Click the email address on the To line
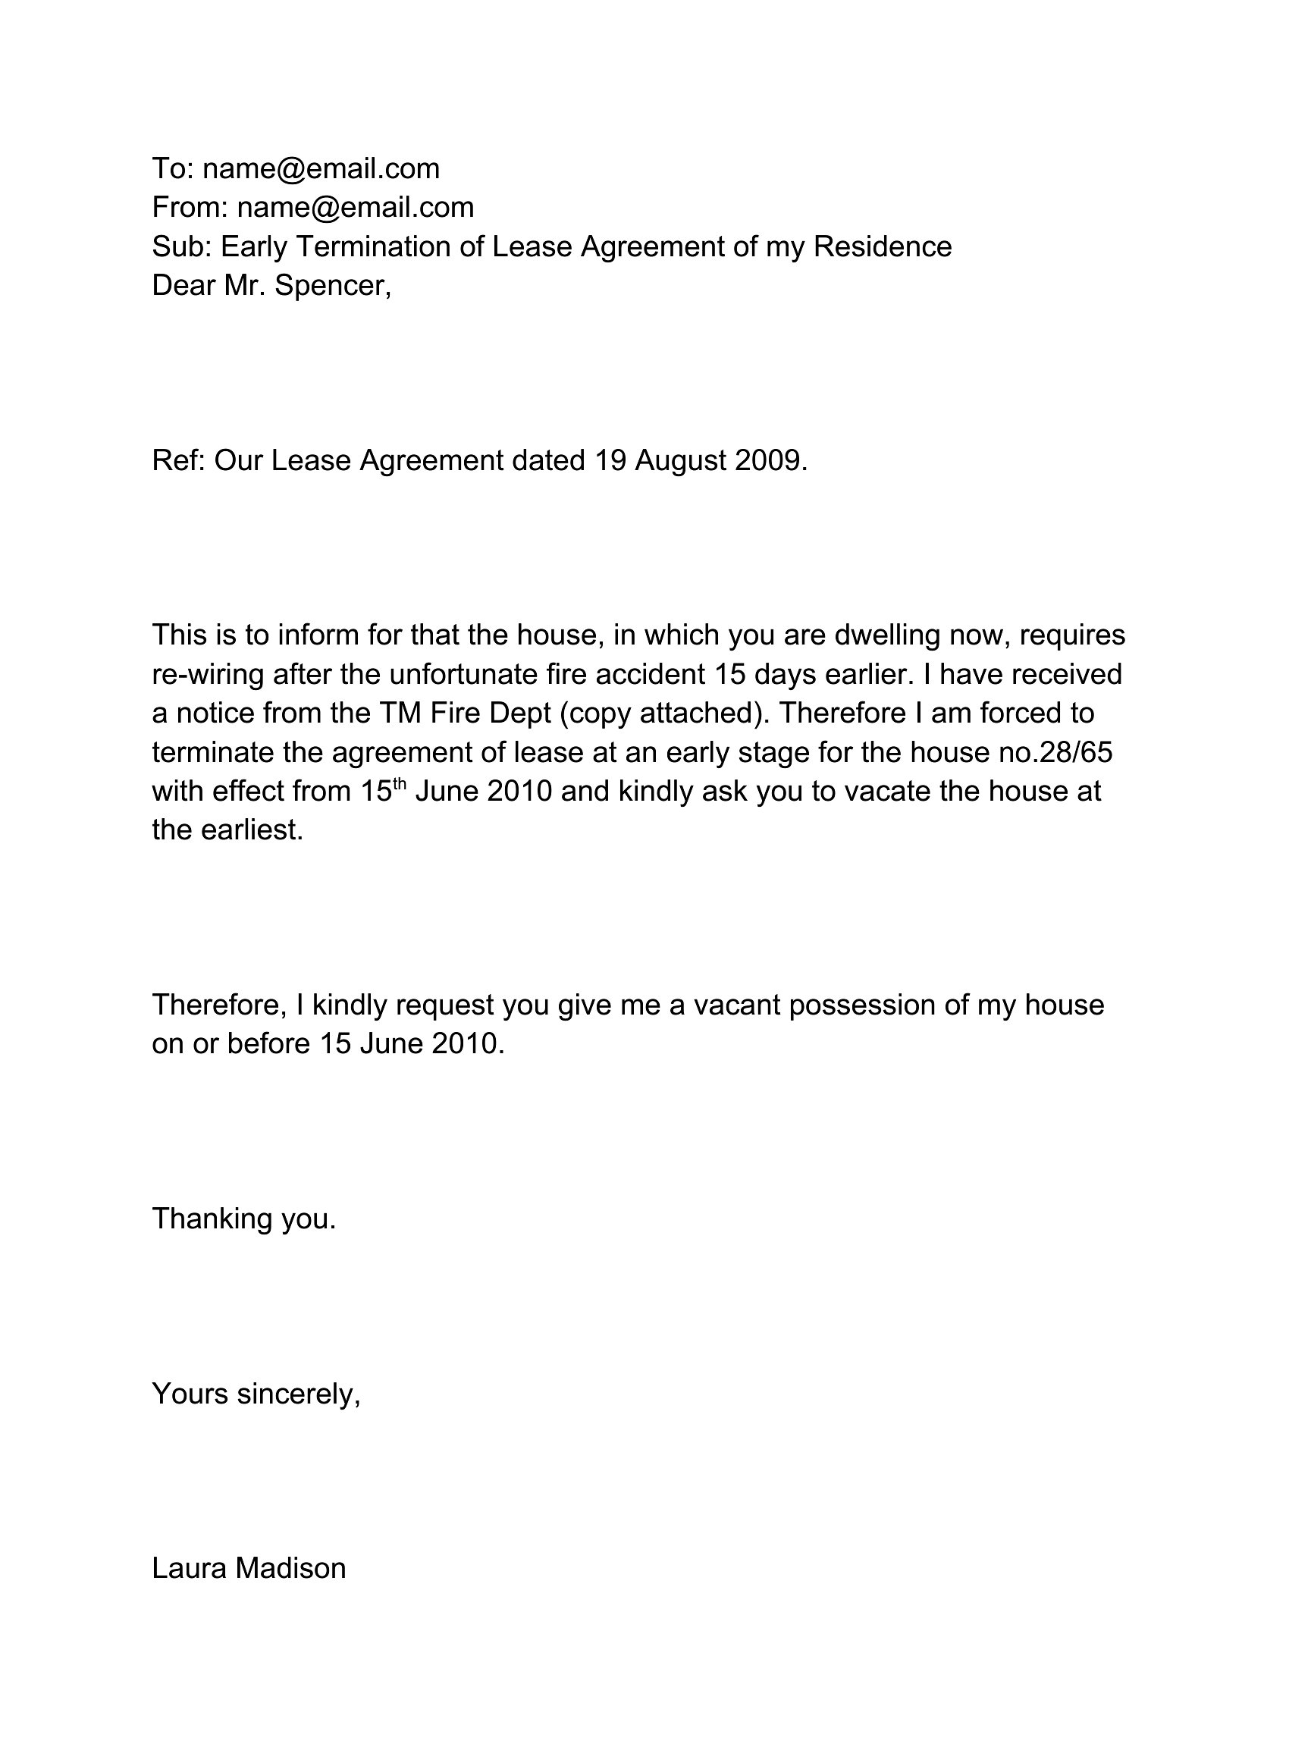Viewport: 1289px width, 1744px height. tap(321, 168)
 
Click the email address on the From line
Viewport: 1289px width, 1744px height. tap(355, 208)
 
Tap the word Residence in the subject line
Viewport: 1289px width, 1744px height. tap(883, 246)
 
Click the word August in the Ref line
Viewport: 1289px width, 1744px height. tap(679, 460)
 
